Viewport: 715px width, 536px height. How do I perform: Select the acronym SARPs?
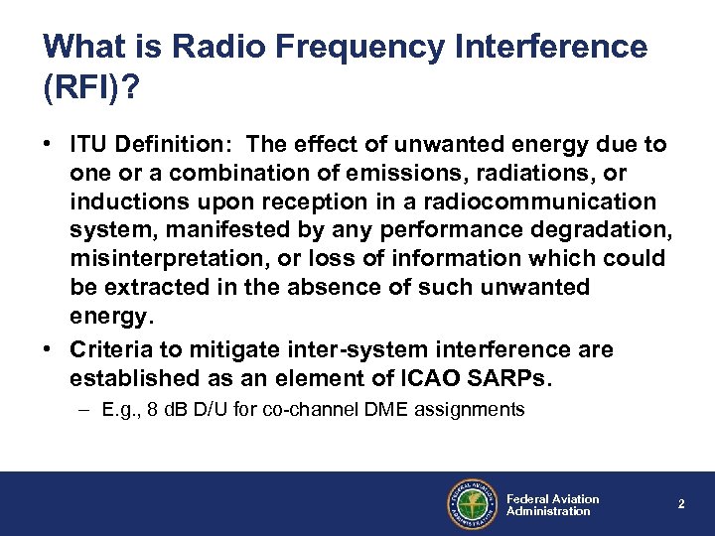pos(517,378)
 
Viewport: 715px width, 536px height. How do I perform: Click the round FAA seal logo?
pos(471,503)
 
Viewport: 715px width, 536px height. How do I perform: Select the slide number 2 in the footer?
pos(681,504)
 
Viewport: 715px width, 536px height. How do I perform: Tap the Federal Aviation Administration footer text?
pos(552,504)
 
